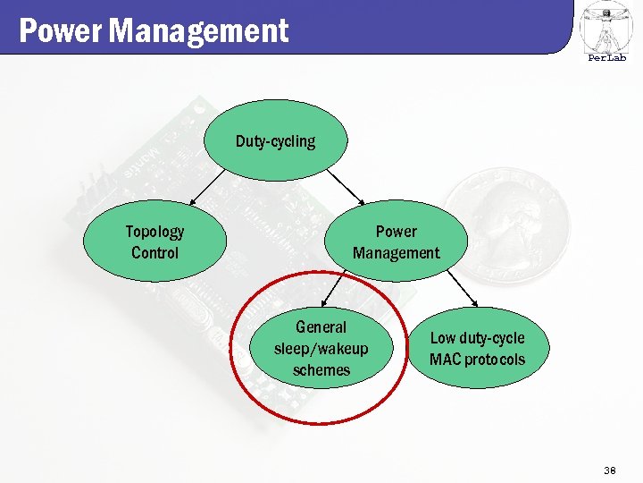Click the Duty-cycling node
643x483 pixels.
coord(275,141)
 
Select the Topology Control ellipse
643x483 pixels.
coord(154,241)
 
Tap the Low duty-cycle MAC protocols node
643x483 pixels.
coord(477,349)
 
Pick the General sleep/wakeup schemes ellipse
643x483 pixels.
coord(321,349)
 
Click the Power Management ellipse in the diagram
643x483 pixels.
coord(396,241)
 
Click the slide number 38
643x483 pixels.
coord(611,470)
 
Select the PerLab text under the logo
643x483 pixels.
coord(606,59)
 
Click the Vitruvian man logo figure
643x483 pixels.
coord(606,27)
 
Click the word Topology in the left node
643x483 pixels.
coord(154,232)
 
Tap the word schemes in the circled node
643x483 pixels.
coord(321,370)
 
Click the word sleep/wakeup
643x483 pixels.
coord(321,349)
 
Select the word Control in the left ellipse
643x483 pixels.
coord(154,253)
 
